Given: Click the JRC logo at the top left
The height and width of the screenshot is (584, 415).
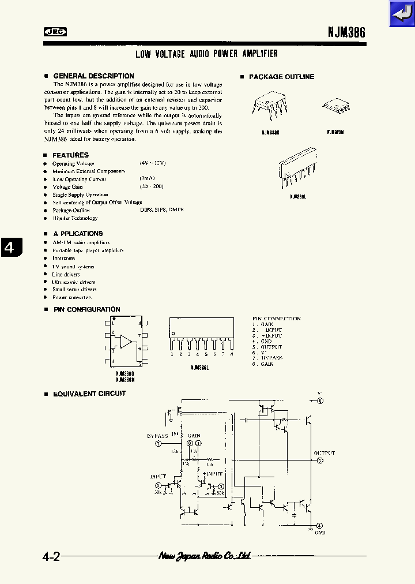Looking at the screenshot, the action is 55,32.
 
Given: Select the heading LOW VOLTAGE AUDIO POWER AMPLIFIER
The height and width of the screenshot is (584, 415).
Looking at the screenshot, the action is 206,54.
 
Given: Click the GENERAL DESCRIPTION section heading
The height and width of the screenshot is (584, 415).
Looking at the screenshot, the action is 93,76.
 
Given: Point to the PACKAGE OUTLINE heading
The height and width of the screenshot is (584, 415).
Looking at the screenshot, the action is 281,77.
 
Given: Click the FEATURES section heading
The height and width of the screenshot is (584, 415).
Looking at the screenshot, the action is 70,155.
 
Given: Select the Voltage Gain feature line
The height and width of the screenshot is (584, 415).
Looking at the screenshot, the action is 68,187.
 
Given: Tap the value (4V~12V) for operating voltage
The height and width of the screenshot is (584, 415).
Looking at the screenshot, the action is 153,163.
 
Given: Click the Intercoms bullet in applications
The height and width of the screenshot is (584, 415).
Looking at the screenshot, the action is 63,259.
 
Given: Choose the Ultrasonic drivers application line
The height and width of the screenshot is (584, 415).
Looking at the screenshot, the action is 73,282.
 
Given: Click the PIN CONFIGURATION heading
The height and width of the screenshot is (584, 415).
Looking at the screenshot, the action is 86,310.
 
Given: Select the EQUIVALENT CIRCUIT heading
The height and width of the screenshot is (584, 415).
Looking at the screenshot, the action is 89,394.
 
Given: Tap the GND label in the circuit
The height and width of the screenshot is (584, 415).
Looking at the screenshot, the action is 320,532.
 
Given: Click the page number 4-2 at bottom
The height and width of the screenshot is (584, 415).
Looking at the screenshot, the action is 51,557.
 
